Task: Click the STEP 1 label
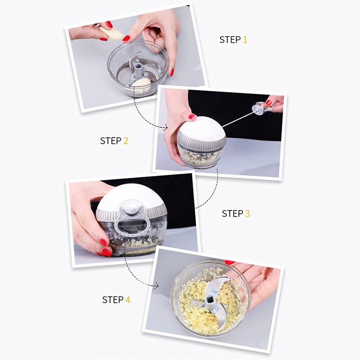point(233,40)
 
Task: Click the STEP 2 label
point(114,141)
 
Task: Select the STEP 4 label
point(116,299)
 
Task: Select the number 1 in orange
point(245,40)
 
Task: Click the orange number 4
point(128,299)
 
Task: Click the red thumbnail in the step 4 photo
point(229,262)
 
